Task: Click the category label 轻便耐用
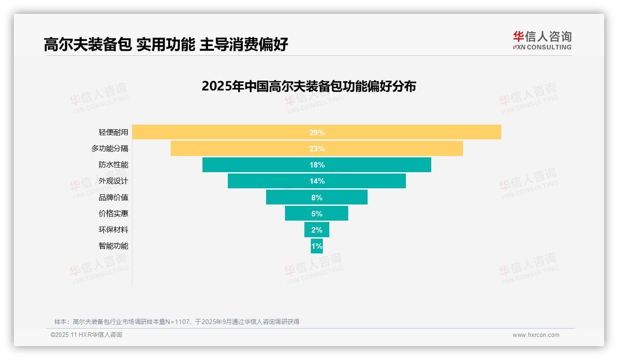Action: (x=113, y=132)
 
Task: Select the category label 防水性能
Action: (x=113, y=165)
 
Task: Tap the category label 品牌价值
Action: (x=113, y=197)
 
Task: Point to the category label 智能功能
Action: (x=113, y=246)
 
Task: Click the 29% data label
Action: (x=317, y=132)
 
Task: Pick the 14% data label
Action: (x=317, y=181)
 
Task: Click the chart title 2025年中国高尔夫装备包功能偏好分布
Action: (x=309, y=86)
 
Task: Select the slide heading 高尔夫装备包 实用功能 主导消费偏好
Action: (x=166, y=44)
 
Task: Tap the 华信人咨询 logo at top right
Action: (x=542, y=41)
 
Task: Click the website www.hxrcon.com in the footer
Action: (x=536, y=335)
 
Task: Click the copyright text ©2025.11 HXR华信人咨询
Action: (x=86, y=335)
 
